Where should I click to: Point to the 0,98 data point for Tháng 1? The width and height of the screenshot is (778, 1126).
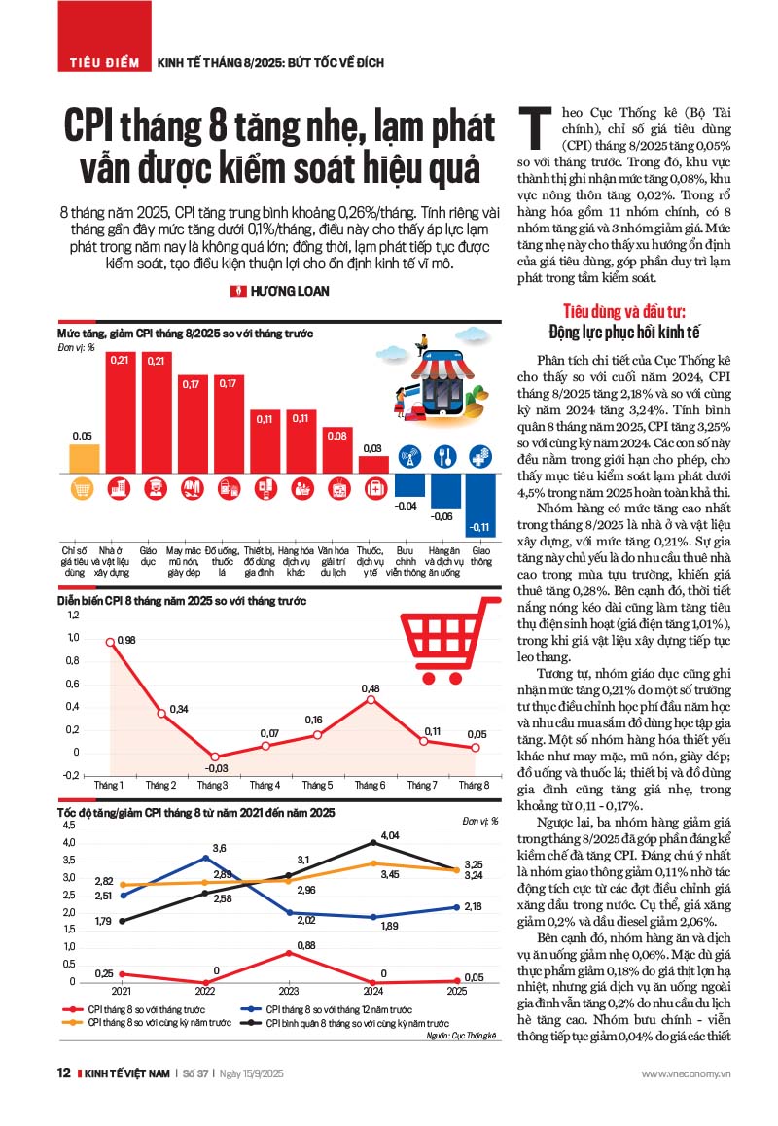110,641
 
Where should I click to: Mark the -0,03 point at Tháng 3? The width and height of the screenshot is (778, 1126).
214,757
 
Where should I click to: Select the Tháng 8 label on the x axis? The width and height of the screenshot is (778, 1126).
473,784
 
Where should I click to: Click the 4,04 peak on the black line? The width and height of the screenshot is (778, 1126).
373,842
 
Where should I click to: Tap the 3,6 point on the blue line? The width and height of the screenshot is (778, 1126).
205,857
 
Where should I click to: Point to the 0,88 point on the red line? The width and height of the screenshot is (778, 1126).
291,952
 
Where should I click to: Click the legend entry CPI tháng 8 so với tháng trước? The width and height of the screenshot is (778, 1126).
136,1010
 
